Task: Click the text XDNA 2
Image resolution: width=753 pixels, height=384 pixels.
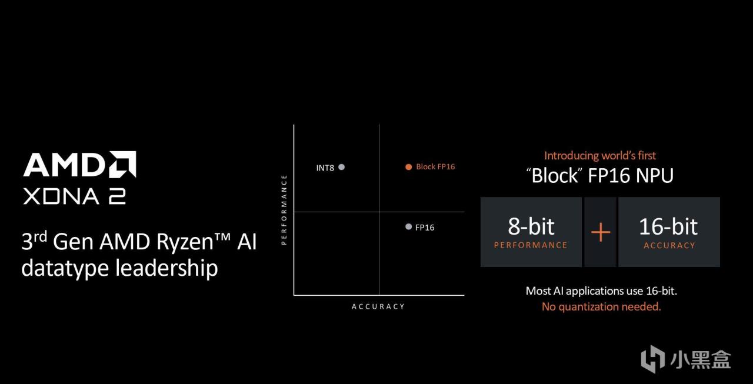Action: coord(74,196)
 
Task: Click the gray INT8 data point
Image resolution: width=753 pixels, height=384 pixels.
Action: coord(341,167)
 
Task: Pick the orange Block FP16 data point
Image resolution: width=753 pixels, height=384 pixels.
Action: coord(408,167)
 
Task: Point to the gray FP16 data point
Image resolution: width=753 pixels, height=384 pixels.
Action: coord(408,226)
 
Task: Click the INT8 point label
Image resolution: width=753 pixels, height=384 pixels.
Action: coord(325,168)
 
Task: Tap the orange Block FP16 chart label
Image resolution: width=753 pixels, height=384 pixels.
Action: coord(435,166)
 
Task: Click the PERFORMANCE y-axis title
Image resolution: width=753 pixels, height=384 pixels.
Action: coord(284,209)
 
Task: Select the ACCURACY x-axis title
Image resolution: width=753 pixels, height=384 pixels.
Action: coord(378,306)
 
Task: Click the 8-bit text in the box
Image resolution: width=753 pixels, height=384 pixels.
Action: coord(531,226)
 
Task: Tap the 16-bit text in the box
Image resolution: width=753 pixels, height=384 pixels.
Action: coord(668,226)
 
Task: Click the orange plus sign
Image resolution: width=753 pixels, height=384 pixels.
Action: coord(600,232)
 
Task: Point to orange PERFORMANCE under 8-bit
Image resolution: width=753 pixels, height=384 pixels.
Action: coord(531,245)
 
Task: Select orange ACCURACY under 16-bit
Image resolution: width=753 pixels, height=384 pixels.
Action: coord(669,245)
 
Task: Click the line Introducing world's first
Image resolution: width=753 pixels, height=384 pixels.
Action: coord(600,156)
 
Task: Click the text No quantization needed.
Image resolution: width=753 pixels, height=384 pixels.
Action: coord(601,306)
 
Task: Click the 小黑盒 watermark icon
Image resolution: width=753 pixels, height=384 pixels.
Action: coord(652,358)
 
